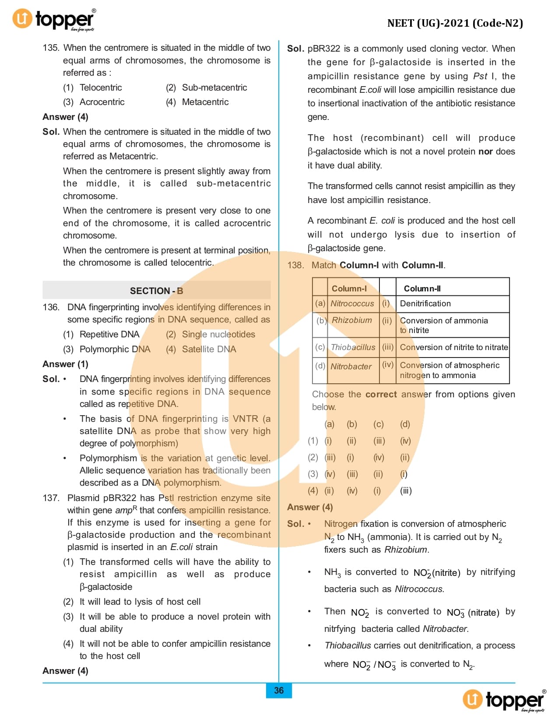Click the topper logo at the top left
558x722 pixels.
coord(53,20)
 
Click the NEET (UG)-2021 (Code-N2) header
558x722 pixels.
coord(455,23)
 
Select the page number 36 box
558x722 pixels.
coord(279,690)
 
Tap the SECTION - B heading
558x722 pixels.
coord(156,291)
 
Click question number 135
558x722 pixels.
coord(51,48)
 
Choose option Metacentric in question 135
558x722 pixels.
coord(205,102)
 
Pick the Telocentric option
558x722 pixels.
coord(100,88)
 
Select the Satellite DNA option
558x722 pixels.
coord(208,349)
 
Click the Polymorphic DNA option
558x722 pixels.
coord(114,349)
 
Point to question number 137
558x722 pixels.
coord(51,498)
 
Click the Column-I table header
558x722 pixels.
coord(349,288)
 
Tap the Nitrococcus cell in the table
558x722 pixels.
coord(352,304)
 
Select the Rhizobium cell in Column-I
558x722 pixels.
coord(352,320)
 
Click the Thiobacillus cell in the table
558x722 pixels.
coord(353,347)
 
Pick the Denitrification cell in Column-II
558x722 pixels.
coord(425,304)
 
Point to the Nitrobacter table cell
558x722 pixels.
coord(351,366)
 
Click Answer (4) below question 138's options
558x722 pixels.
coord(310,507)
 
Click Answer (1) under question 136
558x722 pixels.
coord(65,364)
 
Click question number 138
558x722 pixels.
coord(295,265)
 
